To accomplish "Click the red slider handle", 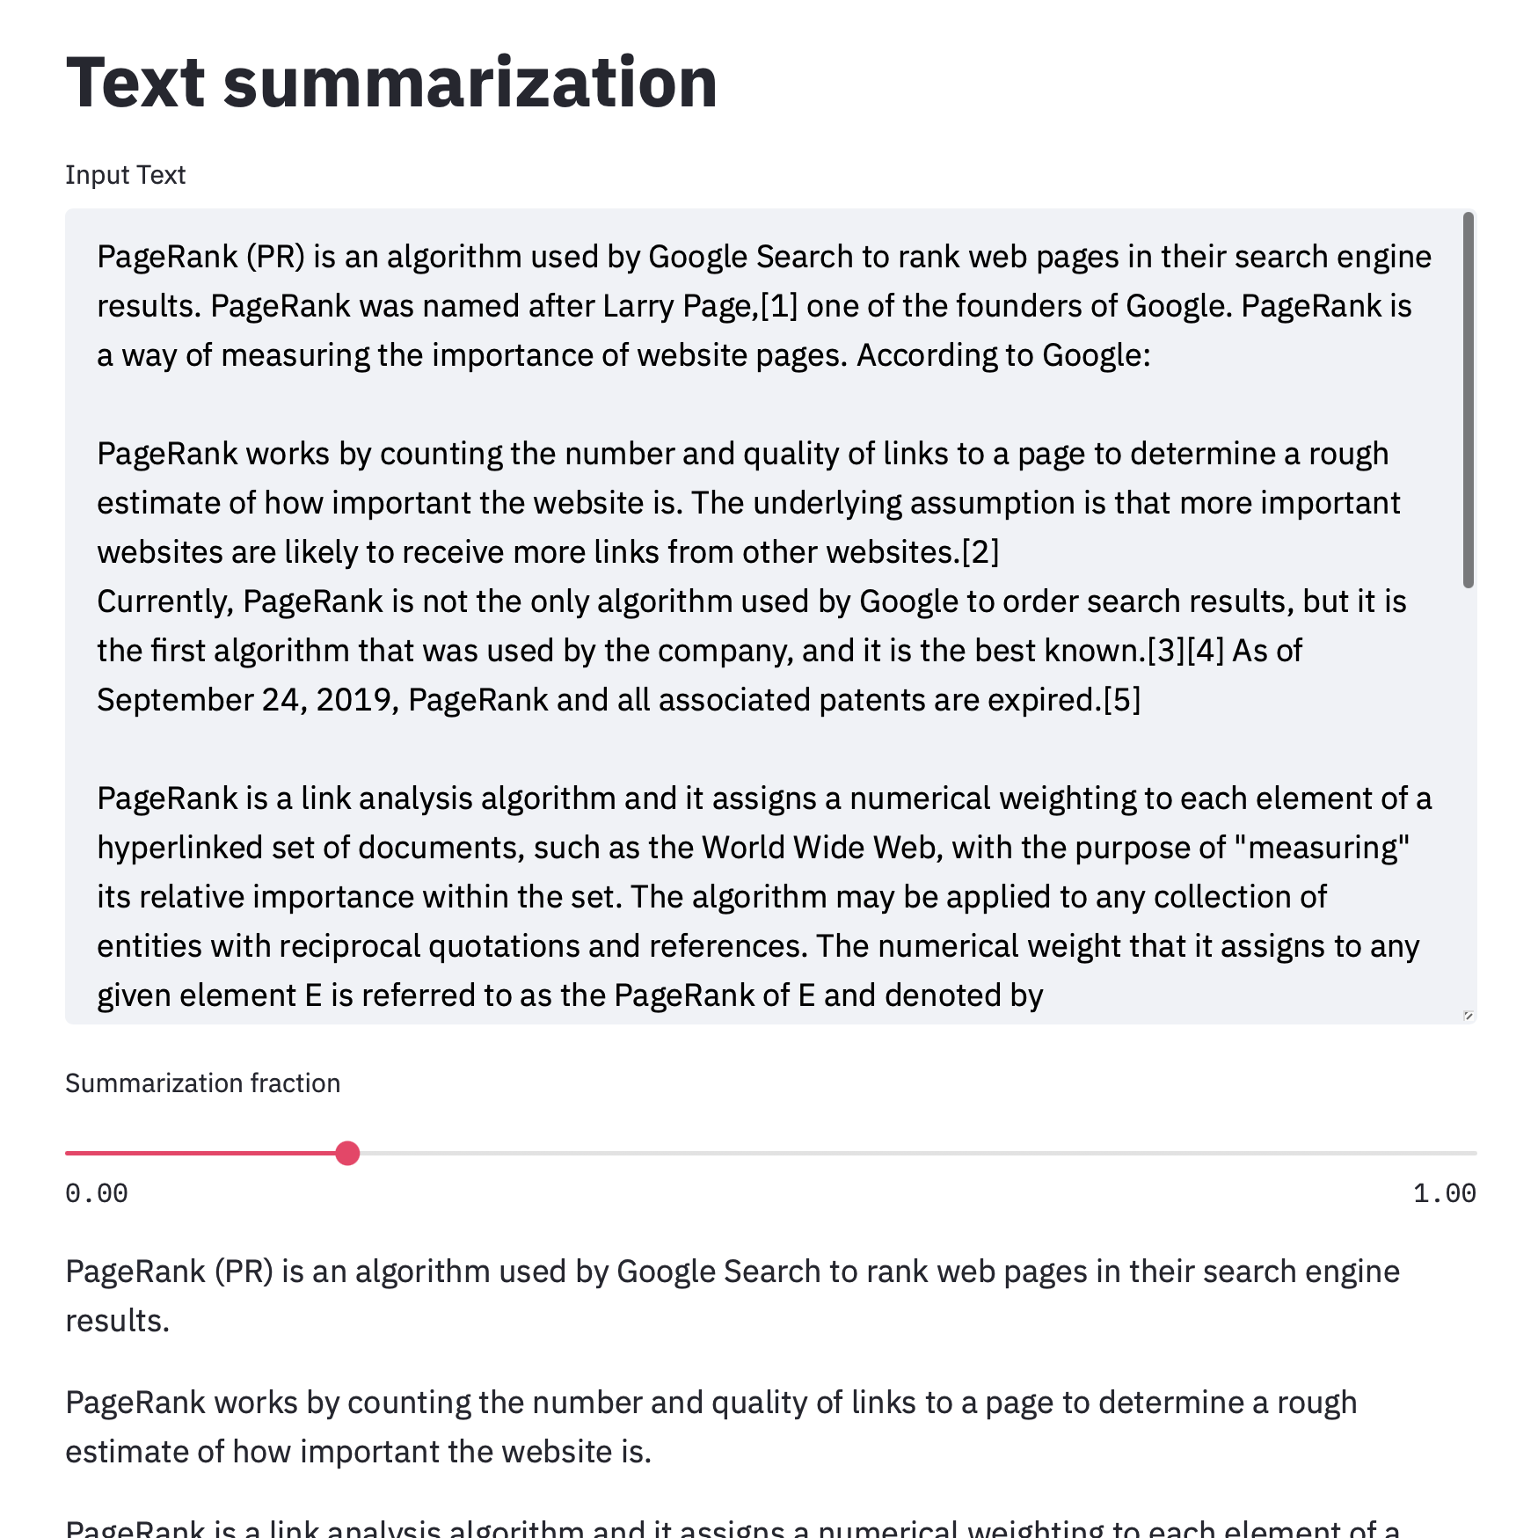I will tap(347, 1153).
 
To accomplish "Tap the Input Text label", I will tap(125, 175).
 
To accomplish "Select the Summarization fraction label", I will tap(202, 1082).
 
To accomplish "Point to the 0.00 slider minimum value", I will tap(97, 1193).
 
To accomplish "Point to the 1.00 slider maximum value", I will tap(1444, 1193).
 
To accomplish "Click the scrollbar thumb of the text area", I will tap(1468, 400).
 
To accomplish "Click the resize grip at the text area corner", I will tap(1468, 1016).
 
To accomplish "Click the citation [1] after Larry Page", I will tap(779, 306).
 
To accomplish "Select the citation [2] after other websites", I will tap(980, 552).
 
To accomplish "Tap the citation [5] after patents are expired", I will tap(1122, 700).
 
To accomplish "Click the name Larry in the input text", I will tap(638, 306).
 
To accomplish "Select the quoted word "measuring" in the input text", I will tap(1322, 848).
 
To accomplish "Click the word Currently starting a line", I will tap(164, 601).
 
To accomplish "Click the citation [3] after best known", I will tap(1166, 651).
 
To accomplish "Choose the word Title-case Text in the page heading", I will tap(135, 83).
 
